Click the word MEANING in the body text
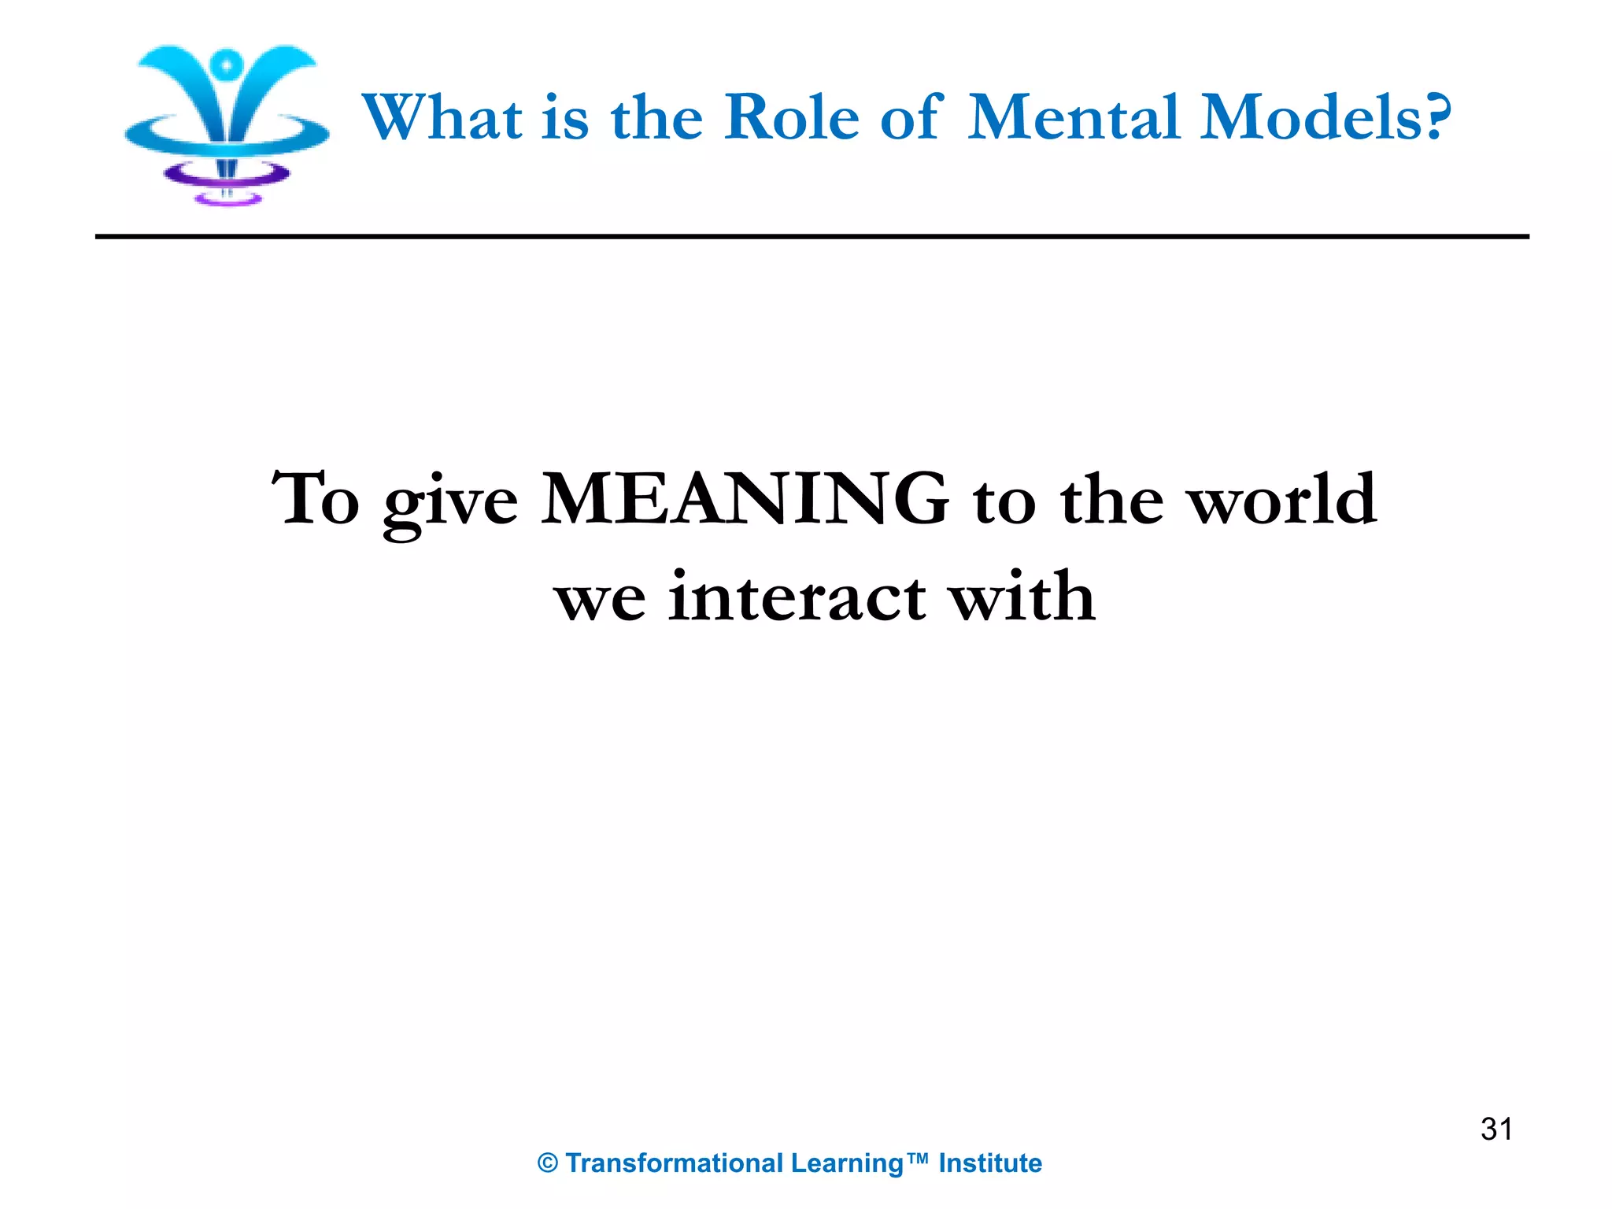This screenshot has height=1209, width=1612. tap(745, 499)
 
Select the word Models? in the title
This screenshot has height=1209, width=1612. tap(1325, 117)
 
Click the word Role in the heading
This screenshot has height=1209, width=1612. tap(791, 117)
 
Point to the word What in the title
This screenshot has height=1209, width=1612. tap(442, 117)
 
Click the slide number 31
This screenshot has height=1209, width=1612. tap(1496, 1130)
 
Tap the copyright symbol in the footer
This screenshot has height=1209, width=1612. tap(548, 1163)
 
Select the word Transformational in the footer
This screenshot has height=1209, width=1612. tap(675, 1163)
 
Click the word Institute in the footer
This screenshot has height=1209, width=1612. tap(990, 1163)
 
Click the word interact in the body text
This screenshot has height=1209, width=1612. tap(797, 597)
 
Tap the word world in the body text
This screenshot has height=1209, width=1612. tap(1282, 499)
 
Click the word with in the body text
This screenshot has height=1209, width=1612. tap(1021, 596)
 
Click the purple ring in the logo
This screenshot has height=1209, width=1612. tap(227, 175)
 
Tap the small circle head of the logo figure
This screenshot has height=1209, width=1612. tap(227, 65)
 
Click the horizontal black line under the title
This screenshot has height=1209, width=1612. tap(812, 236)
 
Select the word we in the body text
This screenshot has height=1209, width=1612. tap(600, 601)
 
